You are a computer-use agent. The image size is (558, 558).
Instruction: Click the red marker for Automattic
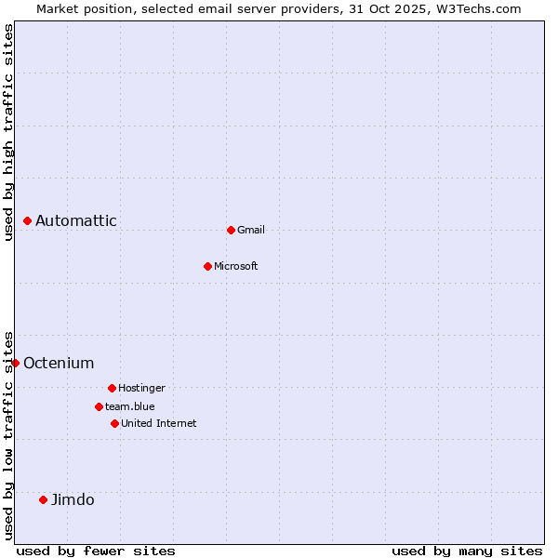(x=28, y=220)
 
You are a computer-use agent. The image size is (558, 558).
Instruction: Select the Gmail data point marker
(x=231, y=230)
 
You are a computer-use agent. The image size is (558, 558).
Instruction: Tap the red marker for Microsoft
(x=207, y=266)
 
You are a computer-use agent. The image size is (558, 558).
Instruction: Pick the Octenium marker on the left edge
(x=16, y=363)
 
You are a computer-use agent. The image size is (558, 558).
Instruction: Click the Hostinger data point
(x=112, y=388)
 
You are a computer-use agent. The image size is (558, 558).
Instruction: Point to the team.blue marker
(x=99, y=406)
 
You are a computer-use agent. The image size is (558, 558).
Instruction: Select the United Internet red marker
(x=114, y=423)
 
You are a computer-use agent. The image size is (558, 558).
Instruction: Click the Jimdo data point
(x=43, y=499)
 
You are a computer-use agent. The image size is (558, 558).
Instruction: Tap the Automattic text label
(x=76, y=220)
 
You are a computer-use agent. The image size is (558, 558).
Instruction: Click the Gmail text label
(x=251, y=230)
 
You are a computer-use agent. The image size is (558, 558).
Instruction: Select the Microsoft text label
(x=236, y=266)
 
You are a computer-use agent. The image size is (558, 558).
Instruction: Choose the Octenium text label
(x=59, y=363)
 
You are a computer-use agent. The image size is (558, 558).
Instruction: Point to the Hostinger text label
(x=141, y=388)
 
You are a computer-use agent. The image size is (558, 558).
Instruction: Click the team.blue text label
(x=130, y=406)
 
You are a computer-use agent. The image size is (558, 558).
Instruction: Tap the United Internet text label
(x=159, y=423)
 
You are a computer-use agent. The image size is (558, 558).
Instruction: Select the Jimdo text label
(x=73, y=499)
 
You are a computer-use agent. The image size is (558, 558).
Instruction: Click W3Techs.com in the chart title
(x=481, y=8)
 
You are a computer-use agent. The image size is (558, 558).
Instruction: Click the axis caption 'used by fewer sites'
(x=96, y=551)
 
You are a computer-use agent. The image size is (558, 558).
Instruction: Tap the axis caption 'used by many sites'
(x=467, y=551)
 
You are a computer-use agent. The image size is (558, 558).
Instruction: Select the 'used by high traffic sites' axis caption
(x=8, y=132)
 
